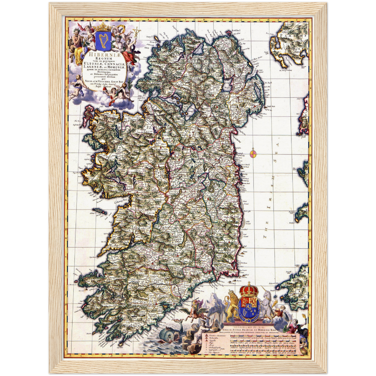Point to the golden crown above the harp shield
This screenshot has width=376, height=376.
(103, 27)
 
